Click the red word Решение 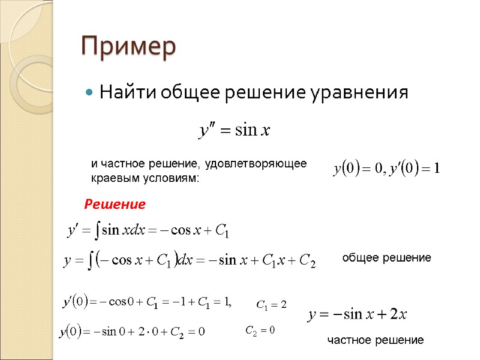(x=115, y=205)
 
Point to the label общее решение (x=386, y=258)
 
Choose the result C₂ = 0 (x=260, y=330)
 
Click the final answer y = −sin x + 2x (x=358, y=314)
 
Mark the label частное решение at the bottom (x=375, y=340)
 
